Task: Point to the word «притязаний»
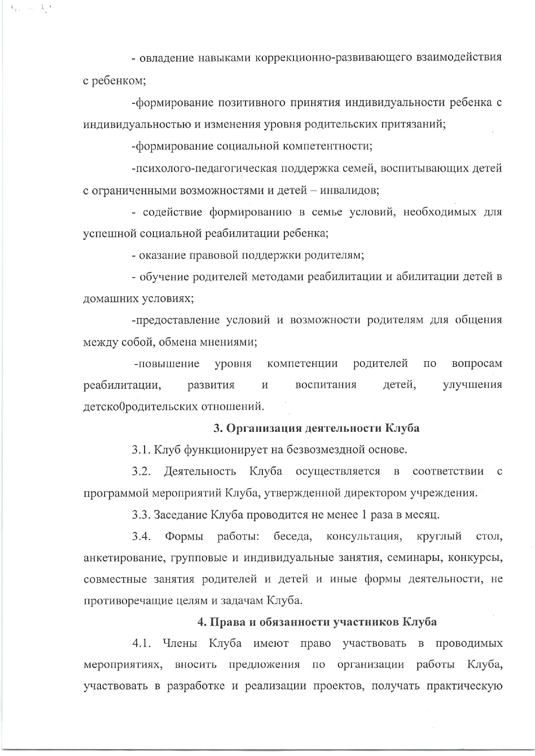coord(414,125)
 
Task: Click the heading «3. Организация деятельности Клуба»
coord(317,428)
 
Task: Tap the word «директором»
coord(371,493)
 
